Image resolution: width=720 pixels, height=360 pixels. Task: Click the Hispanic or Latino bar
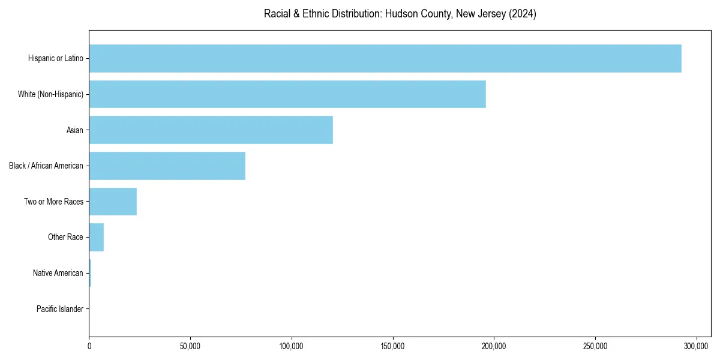(x=385, y=58)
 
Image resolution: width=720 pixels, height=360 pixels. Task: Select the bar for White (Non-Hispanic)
(x=287, y=94)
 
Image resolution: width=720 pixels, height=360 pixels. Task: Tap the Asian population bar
(x=211, y=130)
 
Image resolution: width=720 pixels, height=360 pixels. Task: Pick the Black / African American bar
(x=167, y=166)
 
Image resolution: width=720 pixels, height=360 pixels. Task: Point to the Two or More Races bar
(x=113, y=202)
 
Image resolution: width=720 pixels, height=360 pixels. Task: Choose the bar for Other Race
(x=96, y=237)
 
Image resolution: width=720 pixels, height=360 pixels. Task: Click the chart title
(x=400, y=14)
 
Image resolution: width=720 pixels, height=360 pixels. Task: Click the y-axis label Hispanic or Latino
(x=55, y=58)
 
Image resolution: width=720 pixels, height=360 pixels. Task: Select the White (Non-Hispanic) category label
(x=50, y=94)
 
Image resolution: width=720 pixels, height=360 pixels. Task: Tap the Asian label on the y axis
(x=74, y=130)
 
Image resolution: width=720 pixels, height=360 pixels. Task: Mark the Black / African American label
(x=46, y=166)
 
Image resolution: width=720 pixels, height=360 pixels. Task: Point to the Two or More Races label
(x=53, y=202)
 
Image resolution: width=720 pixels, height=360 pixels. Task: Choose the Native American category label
(x=58, y=273)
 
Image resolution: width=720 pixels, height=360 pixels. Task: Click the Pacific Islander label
(x=59, y=309)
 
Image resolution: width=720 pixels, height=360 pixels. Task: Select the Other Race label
(x=65, y=237)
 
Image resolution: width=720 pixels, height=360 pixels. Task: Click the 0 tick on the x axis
(x=89, y=346)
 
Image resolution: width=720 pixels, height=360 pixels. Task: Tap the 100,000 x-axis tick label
(x=292, y=346)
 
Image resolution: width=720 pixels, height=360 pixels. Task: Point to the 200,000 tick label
(x=494, y=346)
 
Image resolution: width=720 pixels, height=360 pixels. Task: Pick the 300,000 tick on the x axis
(x=696, y=346)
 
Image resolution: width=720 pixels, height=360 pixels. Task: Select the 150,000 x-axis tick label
(x=392, y=346)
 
